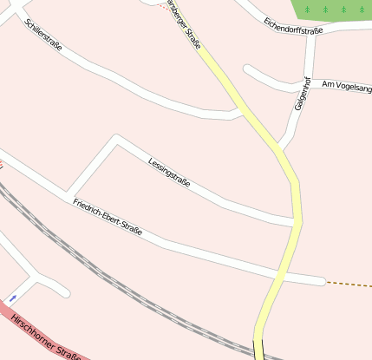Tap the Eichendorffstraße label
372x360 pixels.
point(293,25)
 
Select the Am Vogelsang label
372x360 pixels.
point(346,85)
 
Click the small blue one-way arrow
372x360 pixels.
point(12,298)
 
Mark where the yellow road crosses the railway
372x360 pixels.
point(259,350)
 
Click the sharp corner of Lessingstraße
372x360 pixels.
point(115,138)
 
